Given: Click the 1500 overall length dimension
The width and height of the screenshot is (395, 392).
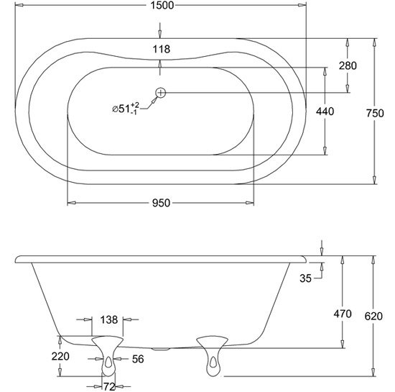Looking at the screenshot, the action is (x=162, y=5).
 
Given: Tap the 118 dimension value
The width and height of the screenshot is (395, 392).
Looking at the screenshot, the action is (x=162, y=49).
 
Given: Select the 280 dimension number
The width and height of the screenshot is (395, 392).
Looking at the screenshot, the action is (x=348, y=66).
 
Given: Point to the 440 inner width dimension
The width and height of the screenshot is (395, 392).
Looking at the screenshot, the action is (x=325, y=111).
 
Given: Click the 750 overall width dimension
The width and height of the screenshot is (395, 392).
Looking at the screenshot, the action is (x=375, y=113).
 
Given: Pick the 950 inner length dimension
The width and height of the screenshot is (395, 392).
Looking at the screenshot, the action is (x=161, y=203).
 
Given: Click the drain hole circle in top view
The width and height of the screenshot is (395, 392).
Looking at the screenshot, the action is (x=160, y=93).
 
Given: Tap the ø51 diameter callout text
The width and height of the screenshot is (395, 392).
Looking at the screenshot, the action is (x=126, y=109).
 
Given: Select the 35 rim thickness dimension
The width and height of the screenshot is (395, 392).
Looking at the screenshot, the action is (x=305, y=278).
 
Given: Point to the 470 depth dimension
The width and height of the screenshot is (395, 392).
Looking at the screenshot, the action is (x=343, y=314).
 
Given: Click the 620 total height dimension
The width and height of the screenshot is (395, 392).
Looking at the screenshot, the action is (x=373, y=316).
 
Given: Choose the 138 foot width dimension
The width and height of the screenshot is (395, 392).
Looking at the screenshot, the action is (x=109, y=319).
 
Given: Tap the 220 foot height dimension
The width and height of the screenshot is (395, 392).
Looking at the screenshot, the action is (x=60, y=357).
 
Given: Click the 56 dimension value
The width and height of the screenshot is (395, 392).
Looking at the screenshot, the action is (x=138, y=359).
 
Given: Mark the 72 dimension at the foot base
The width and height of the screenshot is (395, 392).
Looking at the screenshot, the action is (x=109, y=386).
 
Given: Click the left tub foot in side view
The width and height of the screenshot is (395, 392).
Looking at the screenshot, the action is (x=107, y=355).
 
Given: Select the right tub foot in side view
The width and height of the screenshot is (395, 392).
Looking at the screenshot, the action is (x=212, y=355).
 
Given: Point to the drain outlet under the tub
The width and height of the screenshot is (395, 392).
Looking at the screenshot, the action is (x=160, y=349).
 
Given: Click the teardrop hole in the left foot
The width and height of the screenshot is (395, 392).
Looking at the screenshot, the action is (x=108, y=362).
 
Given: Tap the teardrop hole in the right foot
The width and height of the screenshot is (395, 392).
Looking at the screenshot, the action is (x=213, y=362).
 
